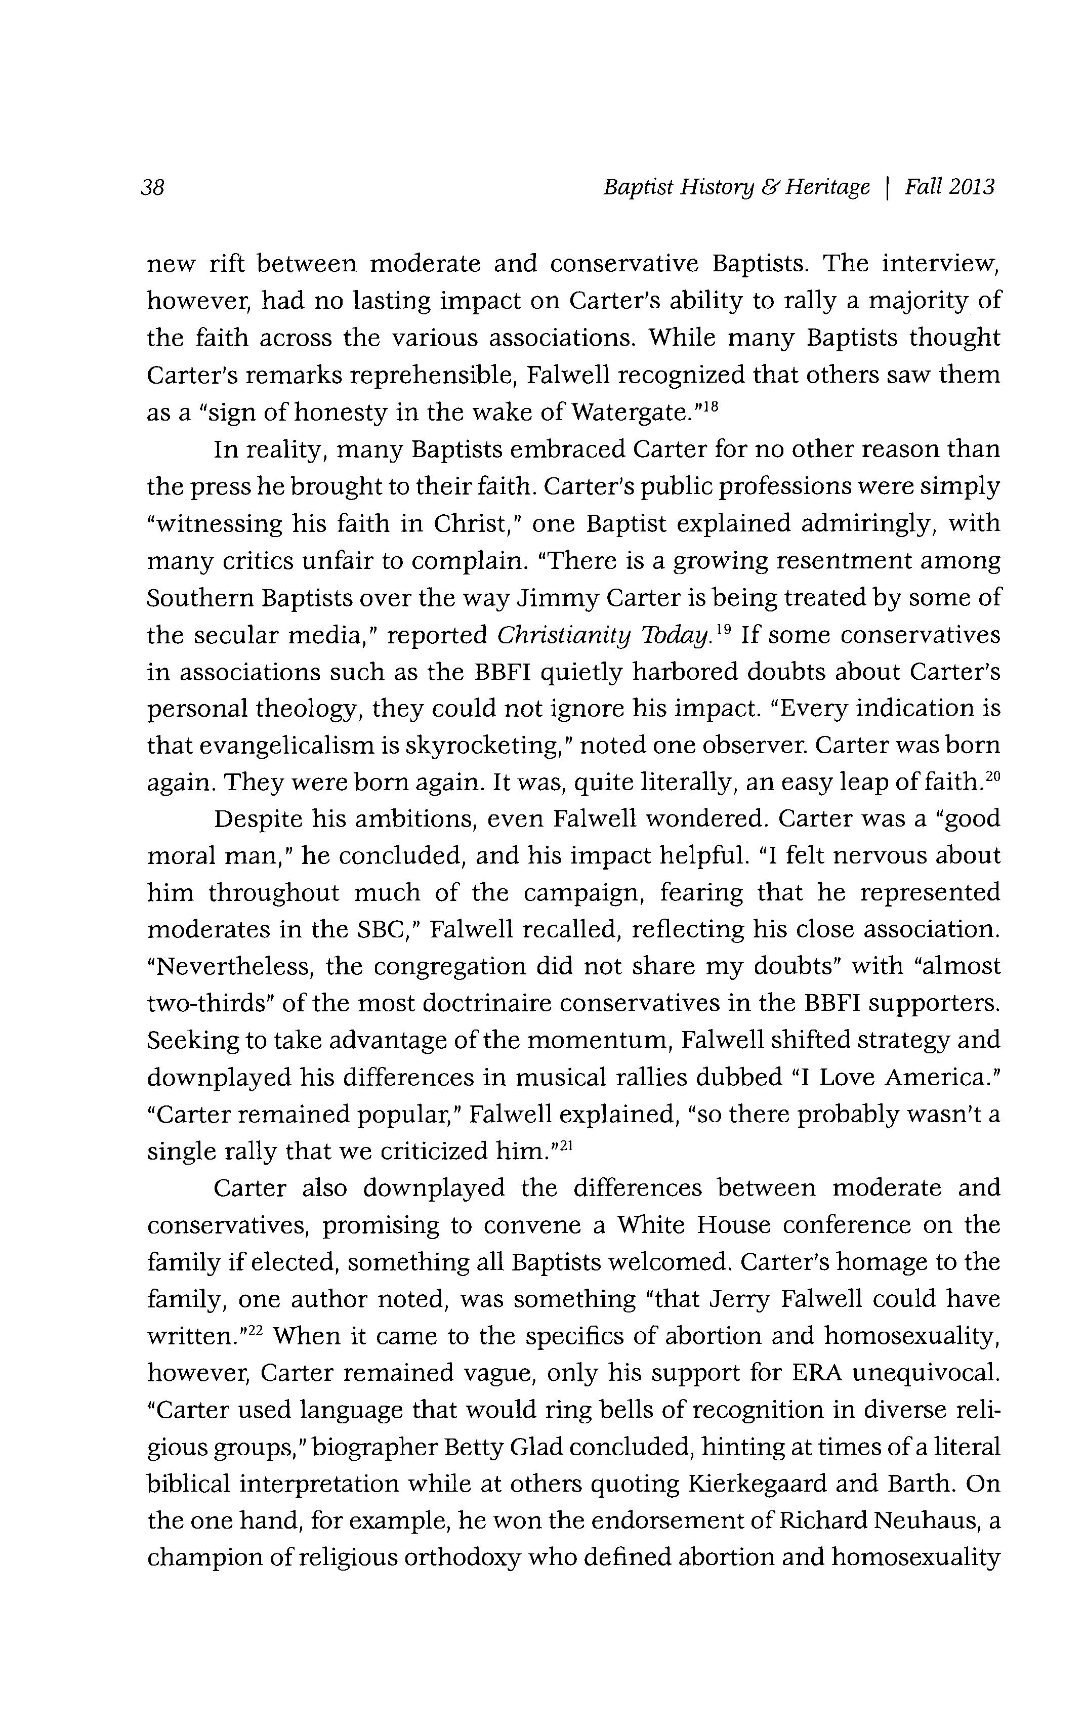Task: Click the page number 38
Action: pos(153,188)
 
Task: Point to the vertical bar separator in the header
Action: pos(888,188)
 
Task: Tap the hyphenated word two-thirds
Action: pos(207,1004)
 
